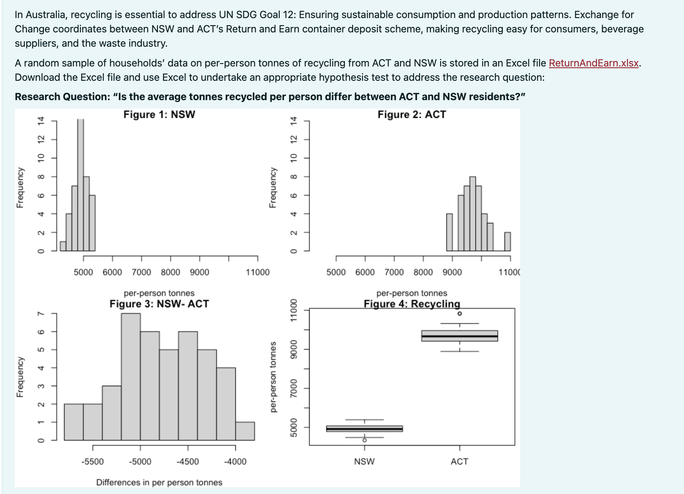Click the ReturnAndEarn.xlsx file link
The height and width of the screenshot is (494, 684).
(593, 63)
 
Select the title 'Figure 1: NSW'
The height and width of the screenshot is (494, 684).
(159, 114)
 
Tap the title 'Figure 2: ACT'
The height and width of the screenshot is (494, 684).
(411, 114)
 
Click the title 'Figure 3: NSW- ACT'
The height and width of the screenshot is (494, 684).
(159, 304)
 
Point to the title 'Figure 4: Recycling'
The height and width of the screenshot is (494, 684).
(411, 304)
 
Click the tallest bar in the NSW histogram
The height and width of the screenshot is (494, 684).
(80, 185)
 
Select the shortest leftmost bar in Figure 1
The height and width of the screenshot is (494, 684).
(63, 246)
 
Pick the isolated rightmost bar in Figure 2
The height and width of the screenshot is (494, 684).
(508, 242)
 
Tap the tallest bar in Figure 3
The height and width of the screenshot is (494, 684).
(131, 377)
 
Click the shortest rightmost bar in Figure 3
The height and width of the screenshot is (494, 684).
(245, 431)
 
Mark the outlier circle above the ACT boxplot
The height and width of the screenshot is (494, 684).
(460, 313)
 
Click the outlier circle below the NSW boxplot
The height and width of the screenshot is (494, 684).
(364, 440)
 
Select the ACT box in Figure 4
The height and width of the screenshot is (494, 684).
(460, 336)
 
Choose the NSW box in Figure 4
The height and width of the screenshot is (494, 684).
(364, 429)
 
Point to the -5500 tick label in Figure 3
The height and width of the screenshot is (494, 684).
(92, 462)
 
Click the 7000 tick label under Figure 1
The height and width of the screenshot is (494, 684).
(141, 272)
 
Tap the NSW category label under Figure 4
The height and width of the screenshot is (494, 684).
(364, 462)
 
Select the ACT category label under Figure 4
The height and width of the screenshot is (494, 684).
(459, 462)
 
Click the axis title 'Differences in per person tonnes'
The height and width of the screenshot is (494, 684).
(159, 482)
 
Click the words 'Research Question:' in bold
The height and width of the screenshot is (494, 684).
(62, 97)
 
